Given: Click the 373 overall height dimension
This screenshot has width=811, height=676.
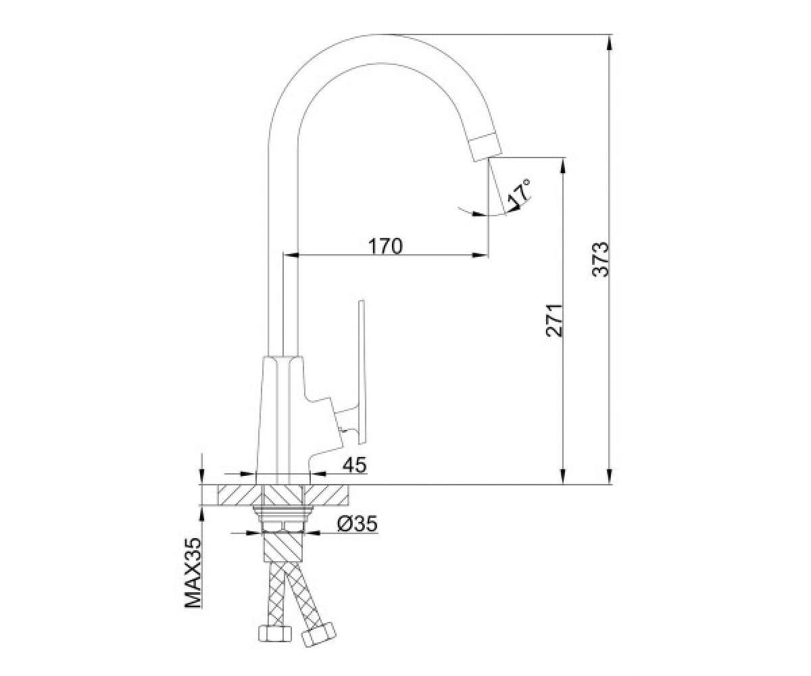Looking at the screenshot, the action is [x=601, y=259].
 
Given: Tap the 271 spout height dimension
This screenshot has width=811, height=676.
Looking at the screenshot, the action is [x=554, y=320].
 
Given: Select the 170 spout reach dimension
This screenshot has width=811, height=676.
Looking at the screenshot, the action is [x=385, y=246].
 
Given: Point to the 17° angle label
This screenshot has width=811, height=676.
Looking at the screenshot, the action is [x=519, y=193].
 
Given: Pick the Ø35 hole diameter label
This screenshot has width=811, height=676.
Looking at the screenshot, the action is [x=357, y=524].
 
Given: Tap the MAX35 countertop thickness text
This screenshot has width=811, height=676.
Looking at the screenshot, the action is [x=193, y=573].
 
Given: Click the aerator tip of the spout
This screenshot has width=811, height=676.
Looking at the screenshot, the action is [x=485, y=147].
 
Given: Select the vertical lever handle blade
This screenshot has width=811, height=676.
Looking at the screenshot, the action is [x=362, y=372].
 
